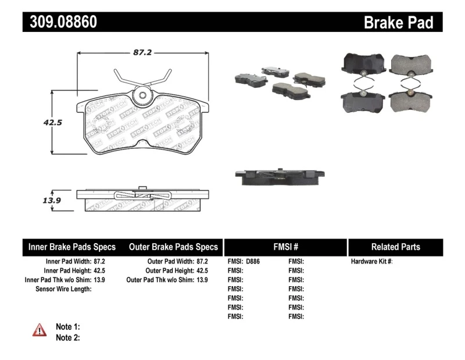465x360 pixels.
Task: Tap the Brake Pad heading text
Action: [398, 23]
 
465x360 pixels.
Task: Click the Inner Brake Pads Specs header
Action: [72, 247]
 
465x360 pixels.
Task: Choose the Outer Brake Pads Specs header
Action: [173, 247]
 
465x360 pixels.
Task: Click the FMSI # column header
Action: [285, 247]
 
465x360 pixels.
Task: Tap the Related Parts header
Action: [395, 247]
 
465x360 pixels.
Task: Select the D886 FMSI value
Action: [253, 262]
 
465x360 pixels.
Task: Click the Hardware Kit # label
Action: [371, 262]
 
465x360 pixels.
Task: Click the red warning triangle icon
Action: [39, 330]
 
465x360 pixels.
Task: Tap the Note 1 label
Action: [67, 327]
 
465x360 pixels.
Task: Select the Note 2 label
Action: [67, 337]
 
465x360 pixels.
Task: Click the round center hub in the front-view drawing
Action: [142, 98]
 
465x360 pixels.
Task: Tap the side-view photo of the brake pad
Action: [279, 176]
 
